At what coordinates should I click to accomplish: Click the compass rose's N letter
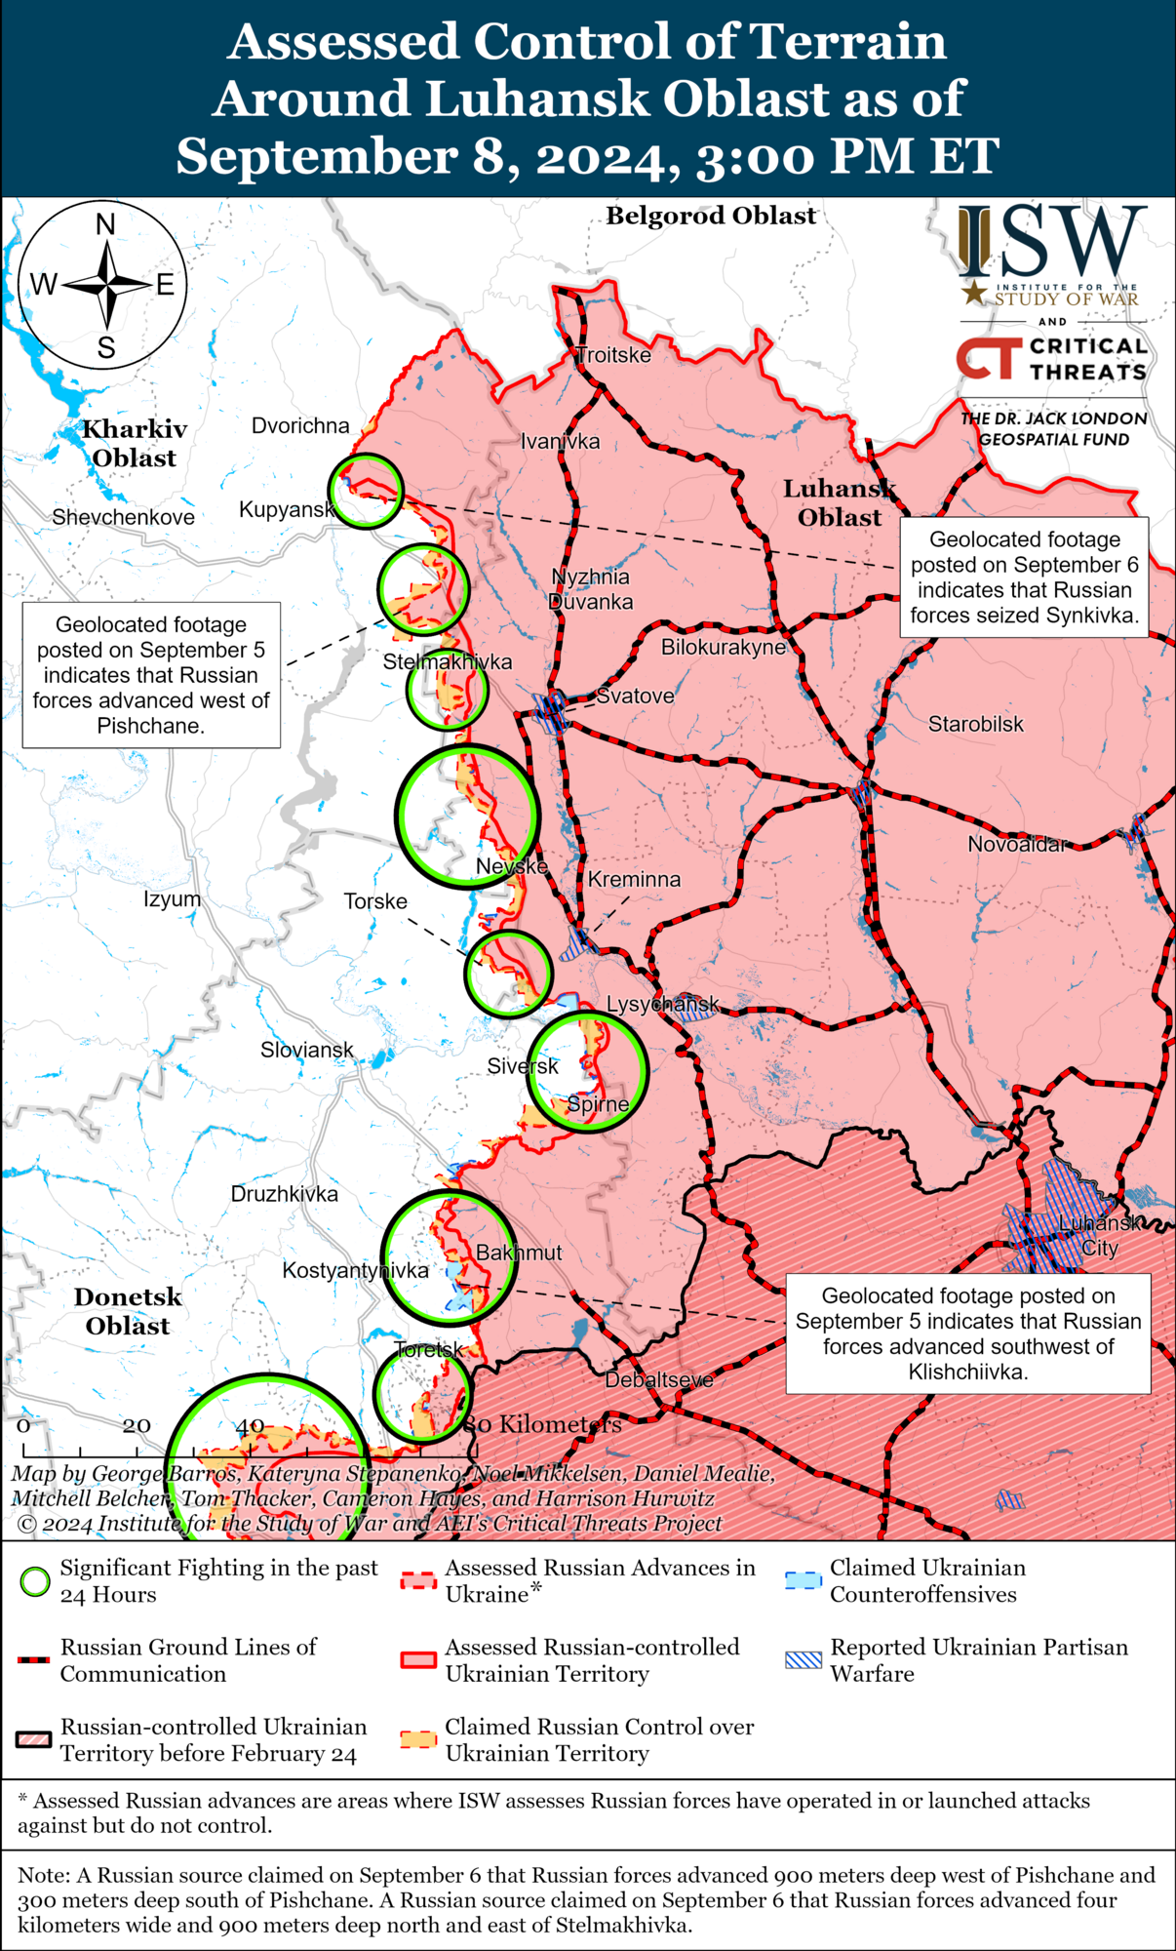click(x=105, y=225)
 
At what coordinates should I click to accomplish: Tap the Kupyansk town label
click(x=287, y=509)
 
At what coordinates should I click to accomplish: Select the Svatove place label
click(x=635, y=696)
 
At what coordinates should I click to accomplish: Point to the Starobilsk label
click(x=975, y=724)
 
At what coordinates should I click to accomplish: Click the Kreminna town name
click(x=634, y=879)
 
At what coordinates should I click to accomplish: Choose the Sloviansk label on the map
click(x=306, y=1050)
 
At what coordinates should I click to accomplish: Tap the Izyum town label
click(x=172, y=898)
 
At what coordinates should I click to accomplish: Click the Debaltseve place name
click(x=659, y=1379)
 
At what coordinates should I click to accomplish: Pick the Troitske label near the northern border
click(x=613, y=355)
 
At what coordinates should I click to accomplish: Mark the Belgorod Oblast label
click(x=711, y=216)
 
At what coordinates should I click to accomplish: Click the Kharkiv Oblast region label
click(x=134, y=443)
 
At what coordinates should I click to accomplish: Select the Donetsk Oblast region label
click(x=128, y=1311)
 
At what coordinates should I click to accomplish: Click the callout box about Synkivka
click(x=1024, y=577)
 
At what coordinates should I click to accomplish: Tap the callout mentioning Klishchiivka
click(x=968, y=1334)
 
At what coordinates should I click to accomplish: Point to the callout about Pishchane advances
click(x=151, y=675)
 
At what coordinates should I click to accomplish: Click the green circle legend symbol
click(x=35, y=1581)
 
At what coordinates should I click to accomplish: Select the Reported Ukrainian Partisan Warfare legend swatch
click(x=804, y=1660)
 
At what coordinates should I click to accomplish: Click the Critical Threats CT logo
click(x=989, y=358)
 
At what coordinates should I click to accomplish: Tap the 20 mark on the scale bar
click(x=136, y=1425)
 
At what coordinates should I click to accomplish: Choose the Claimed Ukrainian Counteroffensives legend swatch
click(x=804, y=1580)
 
